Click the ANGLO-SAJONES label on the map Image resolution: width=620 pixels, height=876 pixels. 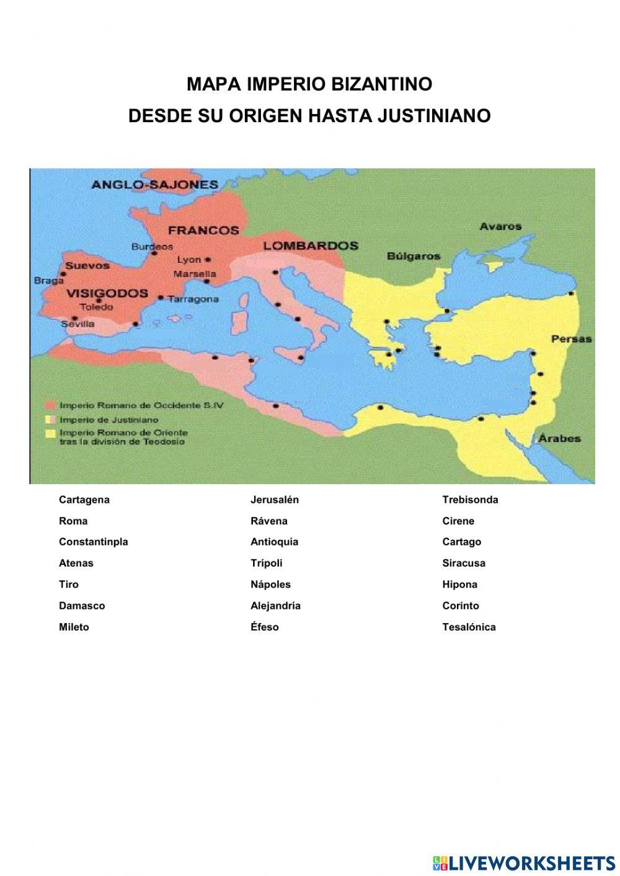coord(154,184)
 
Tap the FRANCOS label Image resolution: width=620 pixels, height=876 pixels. coord(203,230)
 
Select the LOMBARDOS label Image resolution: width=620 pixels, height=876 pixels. coord(311,246)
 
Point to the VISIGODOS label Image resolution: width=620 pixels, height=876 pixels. coord(107,293)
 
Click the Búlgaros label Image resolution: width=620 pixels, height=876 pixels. coord(414,256)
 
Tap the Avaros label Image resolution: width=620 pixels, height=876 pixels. coord(500,226)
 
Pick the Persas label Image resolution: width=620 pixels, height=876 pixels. coord(571,339)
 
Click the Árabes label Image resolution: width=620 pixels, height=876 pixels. coord(559,438)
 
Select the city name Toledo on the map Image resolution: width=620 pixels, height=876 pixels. coord(97,307)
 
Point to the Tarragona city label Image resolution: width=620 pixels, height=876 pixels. coord(193,299)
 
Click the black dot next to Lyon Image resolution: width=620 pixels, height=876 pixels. coord(208,260)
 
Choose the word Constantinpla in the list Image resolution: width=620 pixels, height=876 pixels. coord(93,542)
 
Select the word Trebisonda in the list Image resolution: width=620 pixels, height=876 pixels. coord(470,500)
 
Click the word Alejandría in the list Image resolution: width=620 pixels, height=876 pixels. coord(275,606)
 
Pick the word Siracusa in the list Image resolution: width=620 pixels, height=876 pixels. coord(464,563)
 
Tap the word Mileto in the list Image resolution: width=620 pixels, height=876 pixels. coord(74,627)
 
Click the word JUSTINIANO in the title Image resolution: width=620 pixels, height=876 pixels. coord(434,116)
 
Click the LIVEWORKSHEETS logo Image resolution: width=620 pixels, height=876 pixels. coord(524,862)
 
